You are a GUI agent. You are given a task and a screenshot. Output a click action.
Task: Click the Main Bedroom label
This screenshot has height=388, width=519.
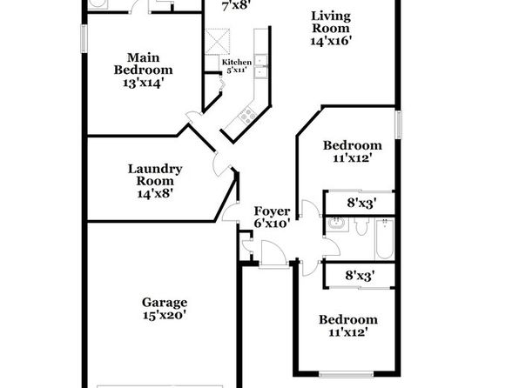click(x=143, y=64)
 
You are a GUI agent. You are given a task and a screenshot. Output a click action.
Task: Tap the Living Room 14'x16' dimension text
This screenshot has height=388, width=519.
click(x=331, y=41)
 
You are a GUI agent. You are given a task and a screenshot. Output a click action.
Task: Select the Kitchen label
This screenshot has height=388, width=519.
click(x=237, y=62)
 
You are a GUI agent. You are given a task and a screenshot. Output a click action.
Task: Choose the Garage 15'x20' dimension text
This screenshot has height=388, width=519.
click(x=165, y=315)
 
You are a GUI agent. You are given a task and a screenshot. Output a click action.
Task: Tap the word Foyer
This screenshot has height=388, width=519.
click(x=272, y=211)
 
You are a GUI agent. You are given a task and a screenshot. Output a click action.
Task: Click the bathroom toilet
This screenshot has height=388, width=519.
click(x=361, y=226)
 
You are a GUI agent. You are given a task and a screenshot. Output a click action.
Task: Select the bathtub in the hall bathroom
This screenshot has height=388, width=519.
click(x=385, y=239)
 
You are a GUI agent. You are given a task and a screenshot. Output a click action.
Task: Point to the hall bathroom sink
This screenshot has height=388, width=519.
click(x=337, y=224)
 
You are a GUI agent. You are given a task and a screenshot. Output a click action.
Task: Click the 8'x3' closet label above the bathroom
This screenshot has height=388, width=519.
click(x=361, y=203)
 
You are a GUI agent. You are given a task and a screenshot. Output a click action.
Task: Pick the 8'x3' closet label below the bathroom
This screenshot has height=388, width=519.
click(x=361, y=275)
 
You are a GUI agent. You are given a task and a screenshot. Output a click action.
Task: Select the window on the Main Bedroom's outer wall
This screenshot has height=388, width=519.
click(x=84, y=38)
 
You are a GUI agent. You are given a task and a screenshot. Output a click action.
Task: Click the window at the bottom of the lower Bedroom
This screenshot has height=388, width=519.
click(x=347, y=374)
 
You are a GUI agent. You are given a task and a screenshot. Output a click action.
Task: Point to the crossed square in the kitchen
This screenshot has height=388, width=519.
click(x=218, y=42)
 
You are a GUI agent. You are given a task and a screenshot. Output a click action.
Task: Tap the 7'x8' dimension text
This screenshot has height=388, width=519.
click(x=236, y=6)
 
